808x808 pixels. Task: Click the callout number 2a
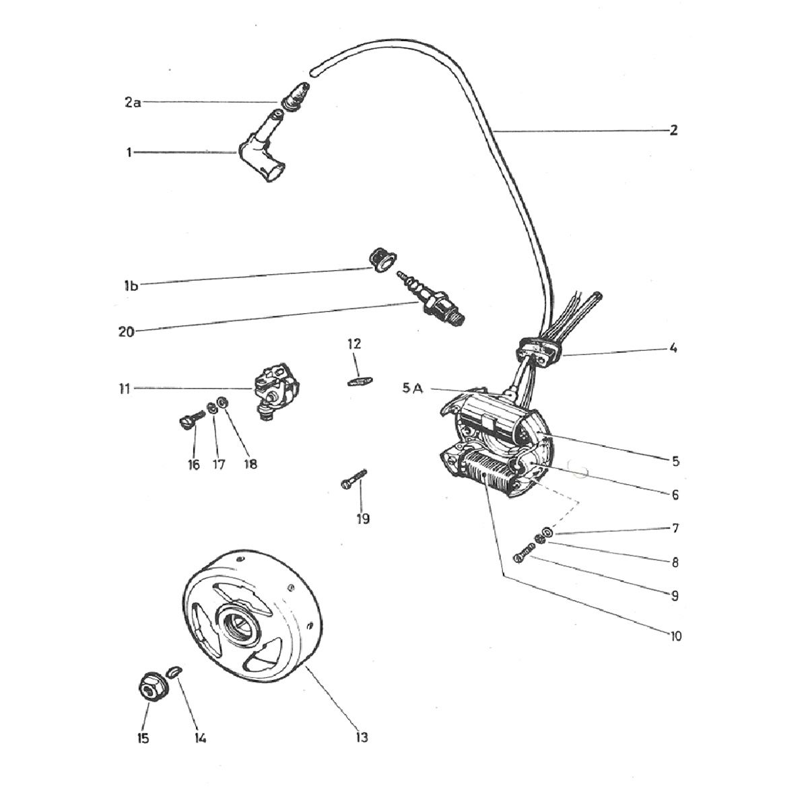pyautogui.click(x=133, y=102)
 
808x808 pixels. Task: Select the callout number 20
pyautogui.click(x=126, y=332)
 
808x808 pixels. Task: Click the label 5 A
pyautogui.click(x=413, y=389)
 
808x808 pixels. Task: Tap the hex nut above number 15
pyautogui.click(x=154, y=685)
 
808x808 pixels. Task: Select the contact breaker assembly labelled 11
pyautogui.click(x=276, y=388)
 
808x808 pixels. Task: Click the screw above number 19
pyautogui.click(x=353, y=479)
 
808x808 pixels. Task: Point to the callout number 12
pyautogui.click(x=354, y=344)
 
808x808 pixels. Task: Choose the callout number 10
pyautogui.click(x=676, y=636)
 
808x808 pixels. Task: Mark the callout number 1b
pyautogui.click(x=131, y=286)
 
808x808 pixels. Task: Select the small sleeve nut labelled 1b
pyautogui.click(x=382, y=260)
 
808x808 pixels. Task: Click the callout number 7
pyautogui.click(x=675, y=529)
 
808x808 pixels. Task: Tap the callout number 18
pyautogui.click(x=250, y=465)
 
